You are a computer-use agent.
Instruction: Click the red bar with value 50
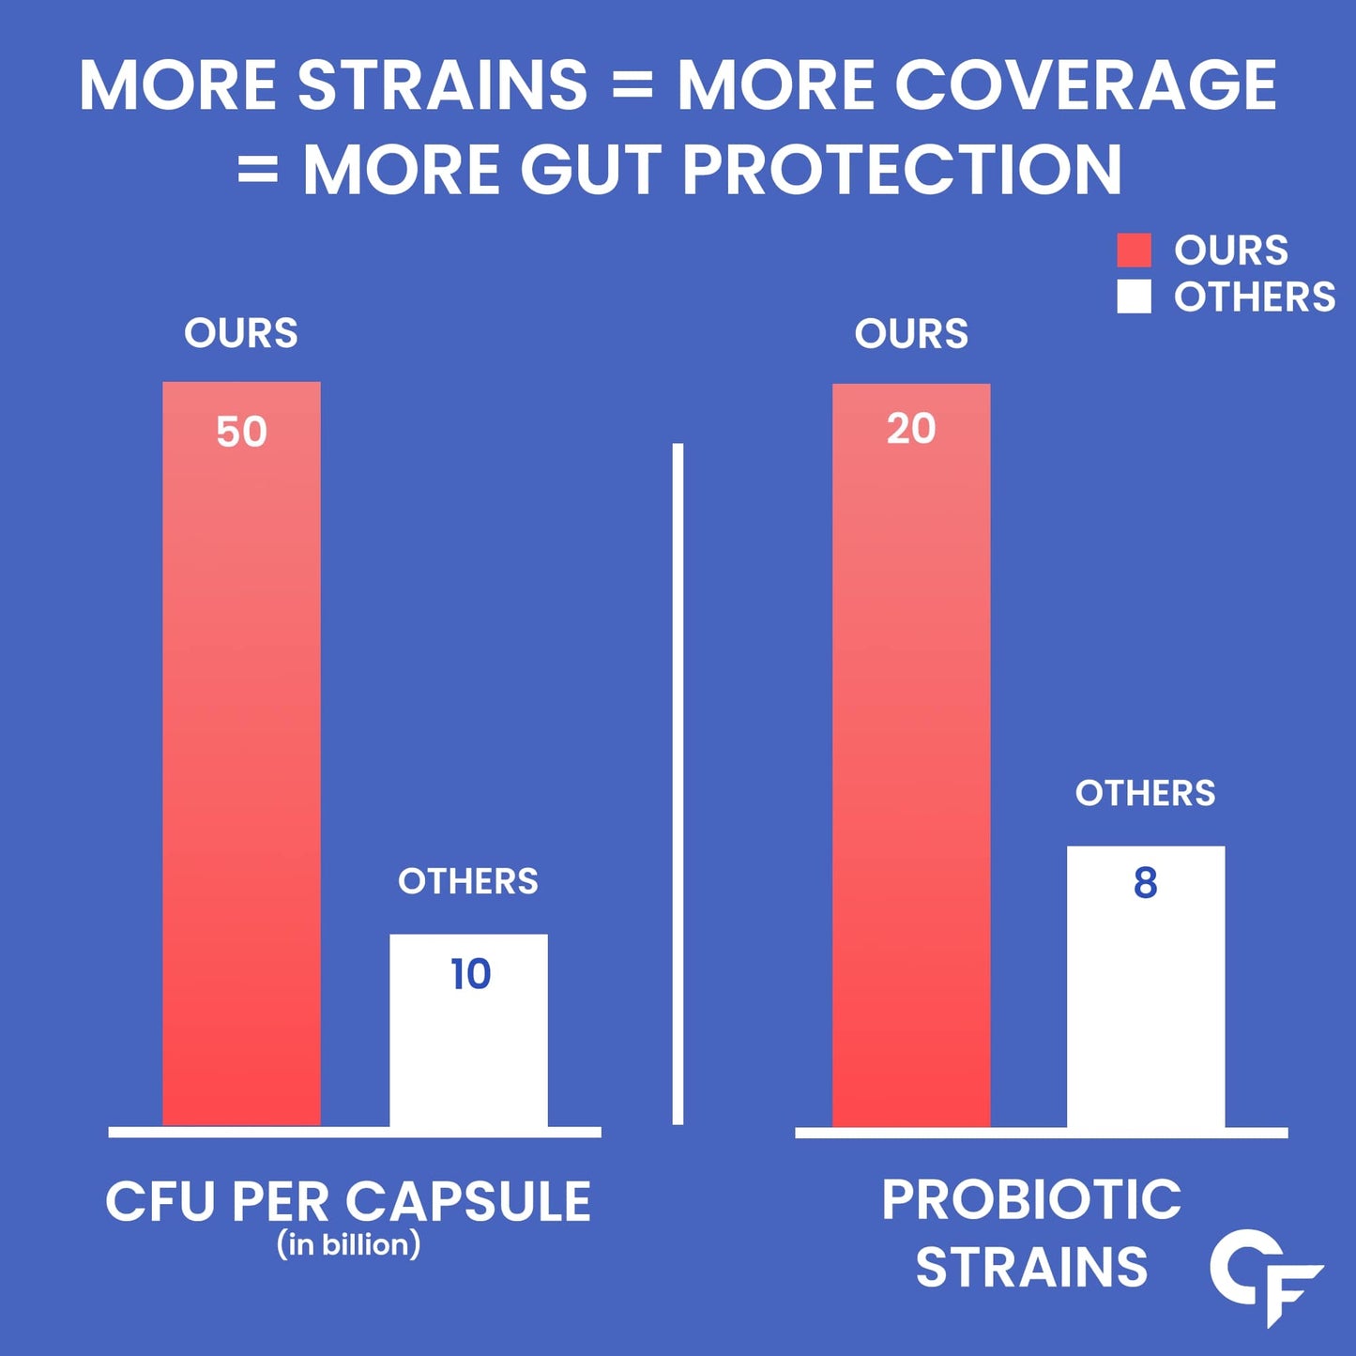(x=241, y=751)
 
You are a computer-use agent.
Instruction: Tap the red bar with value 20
(x=910, y=751)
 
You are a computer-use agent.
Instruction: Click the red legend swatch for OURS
(x=1134, y=251)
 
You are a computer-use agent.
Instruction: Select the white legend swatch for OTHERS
(x=1134, y=297)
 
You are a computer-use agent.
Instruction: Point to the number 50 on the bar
(x=241, y=433)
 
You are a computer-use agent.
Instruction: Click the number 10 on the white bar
(x=470, y=974)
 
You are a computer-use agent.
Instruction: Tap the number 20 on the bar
(x=911, y=429)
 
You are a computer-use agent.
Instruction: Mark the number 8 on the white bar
(x=1145, y=883)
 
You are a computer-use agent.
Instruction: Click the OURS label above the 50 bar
(x=241, y=333)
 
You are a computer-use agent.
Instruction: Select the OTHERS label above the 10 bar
(x=468, y=881)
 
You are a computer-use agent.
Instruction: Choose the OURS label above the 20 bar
(x=911, y=333)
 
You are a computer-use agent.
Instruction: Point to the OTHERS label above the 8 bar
(x=1145, y=793)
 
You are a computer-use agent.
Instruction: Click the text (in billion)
(x=348, y=1244)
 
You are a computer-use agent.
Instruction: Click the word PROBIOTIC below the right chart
(x=1031, y=1199)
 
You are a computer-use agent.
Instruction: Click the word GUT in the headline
(x=591, y=170)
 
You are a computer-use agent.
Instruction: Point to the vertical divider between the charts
(x=678, y=784)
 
